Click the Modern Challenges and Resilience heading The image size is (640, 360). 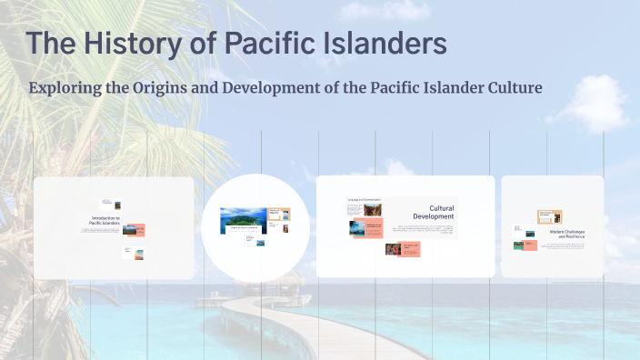(x=567, y=234)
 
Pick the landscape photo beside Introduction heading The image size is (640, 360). (x=132, y=230)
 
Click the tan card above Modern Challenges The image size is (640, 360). (x=551, y=217)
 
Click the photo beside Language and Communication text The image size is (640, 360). (x=357, y=228)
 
